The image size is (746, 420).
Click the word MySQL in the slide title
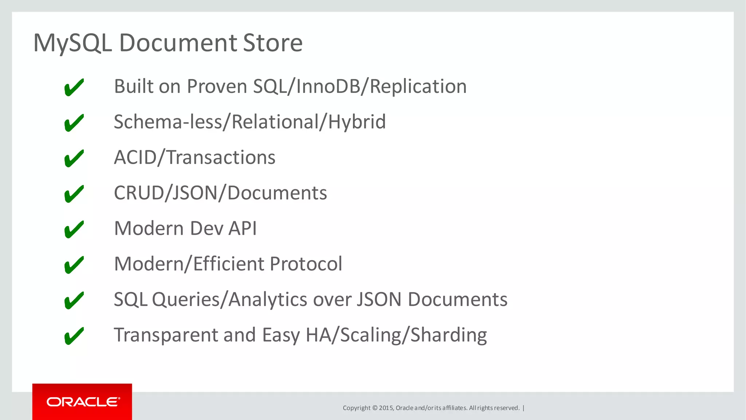click(x=72, y=43)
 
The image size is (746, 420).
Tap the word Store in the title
click(x=272, y=43)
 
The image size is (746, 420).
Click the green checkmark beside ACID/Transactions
click(x=74, y=158)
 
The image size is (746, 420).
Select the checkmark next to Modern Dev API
click(x=74, y=229)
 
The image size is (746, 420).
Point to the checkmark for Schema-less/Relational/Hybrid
click(x=74, y=123)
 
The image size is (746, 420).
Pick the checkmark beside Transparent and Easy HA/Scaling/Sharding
click(x=74, y=336)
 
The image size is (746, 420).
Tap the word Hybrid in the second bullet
click(x=357, y=122)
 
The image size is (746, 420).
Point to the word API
click(x=243, y=229)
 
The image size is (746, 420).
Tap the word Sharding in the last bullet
click(x=448, y=335)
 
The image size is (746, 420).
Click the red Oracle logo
click(x=82, y=402)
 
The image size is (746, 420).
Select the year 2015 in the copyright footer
click(x=386, y=408)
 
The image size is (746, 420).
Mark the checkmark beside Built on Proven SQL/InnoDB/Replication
click(x=74, y=87)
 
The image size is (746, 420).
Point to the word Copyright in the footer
click(x=356, y=408)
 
